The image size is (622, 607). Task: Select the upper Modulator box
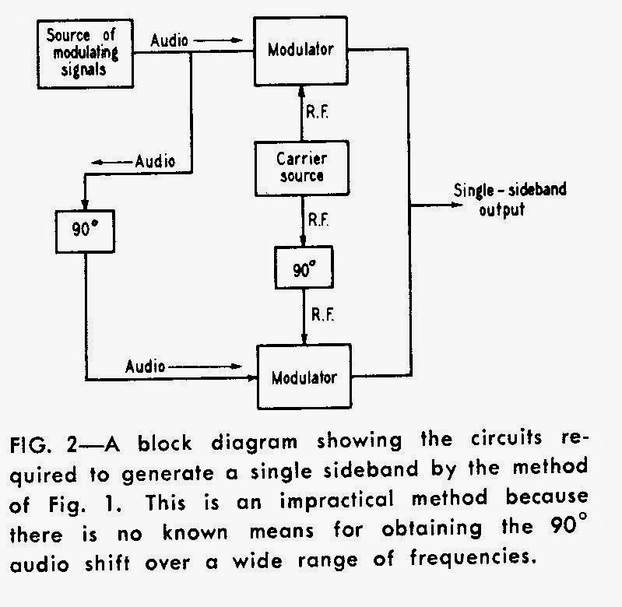(301, 50)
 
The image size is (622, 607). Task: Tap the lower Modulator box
(304, 377)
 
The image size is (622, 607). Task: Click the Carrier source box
(302, 166)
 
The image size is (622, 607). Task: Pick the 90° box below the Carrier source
(304, 269)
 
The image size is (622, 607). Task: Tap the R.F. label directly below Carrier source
(318, 221)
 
